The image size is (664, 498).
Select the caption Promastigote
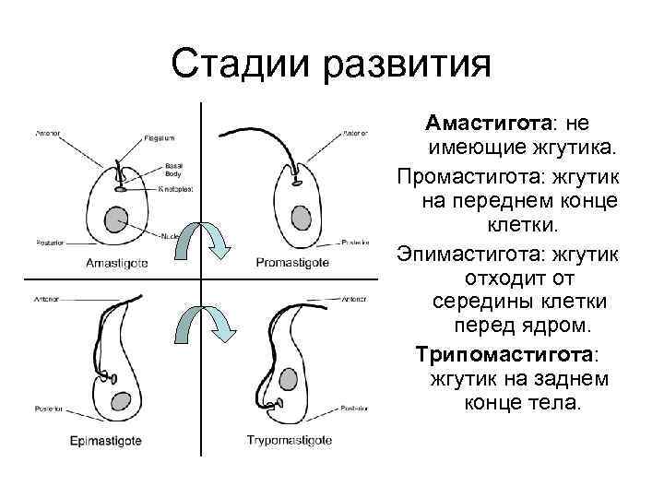[x=292, y=263]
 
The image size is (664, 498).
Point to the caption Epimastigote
[x=106, y=440]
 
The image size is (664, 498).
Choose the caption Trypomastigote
[x=290, y=440]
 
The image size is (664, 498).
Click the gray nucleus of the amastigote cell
[x=115, y=220]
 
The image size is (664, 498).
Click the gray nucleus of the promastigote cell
[x=301, y=217]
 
